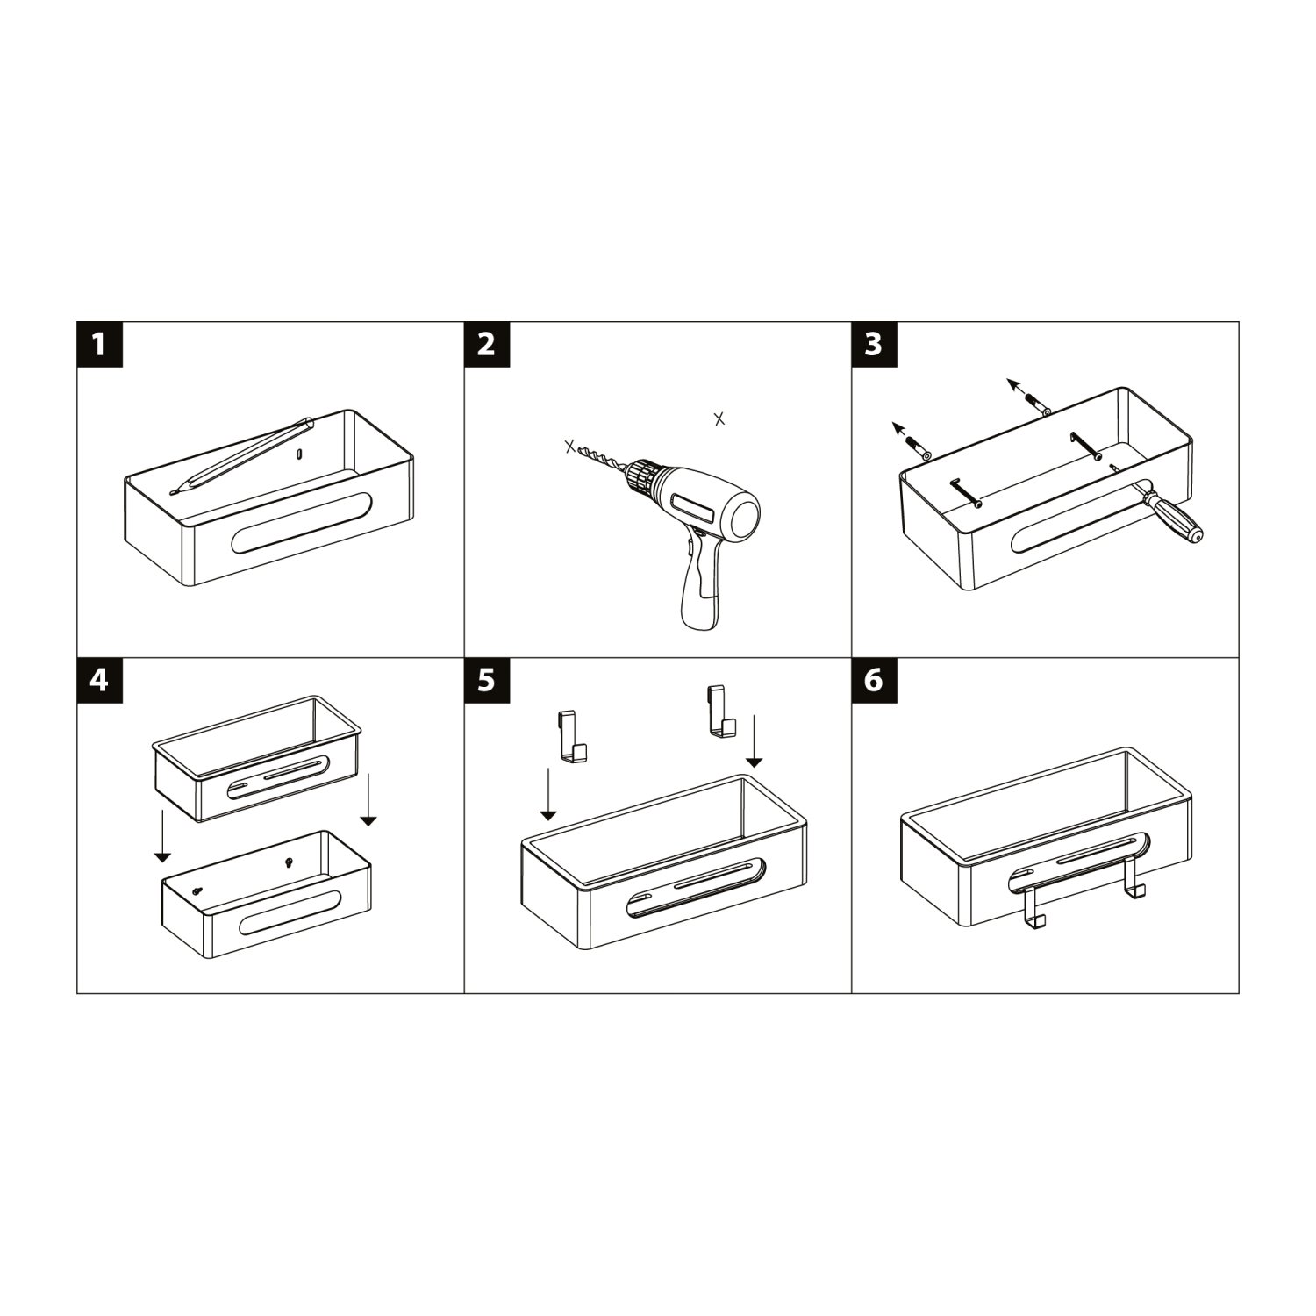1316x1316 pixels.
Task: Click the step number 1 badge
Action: tap(99, 344)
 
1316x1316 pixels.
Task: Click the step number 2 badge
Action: tap(486, 344)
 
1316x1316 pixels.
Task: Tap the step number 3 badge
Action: tap(874, 344)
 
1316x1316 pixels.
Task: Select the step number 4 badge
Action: tap(99, 680)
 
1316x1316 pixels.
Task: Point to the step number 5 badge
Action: tap(486, 680)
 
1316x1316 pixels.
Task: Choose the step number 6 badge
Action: tap(874, 680)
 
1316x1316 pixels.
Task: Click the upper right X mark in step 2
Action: tap(719, 418)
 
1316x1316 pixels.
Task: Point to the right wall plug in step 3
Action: tap(1037, 405)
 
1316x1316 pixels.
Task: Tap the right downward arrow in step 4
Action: tap(368, 799)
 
